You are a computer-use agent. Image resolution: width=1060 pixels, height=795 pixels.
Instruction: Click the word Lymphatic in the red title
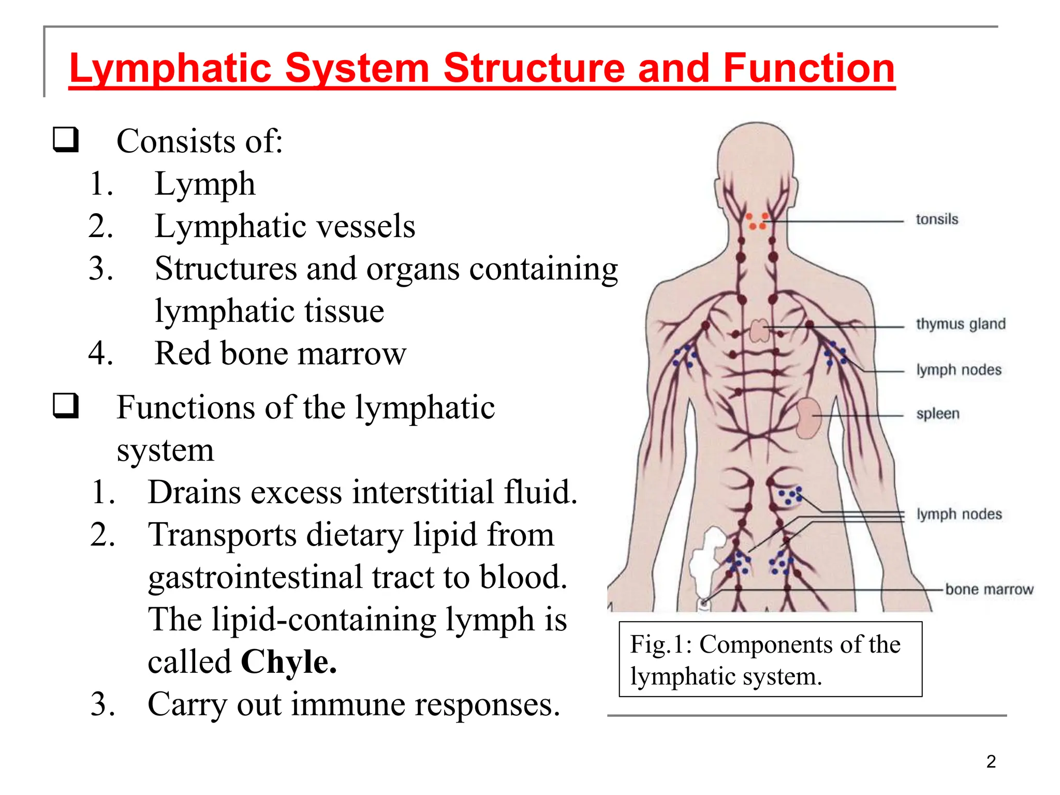coord(171,68)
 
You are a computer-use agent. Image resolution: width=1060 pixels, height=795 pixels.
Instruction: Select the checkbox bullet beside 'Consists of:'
coord(66,140)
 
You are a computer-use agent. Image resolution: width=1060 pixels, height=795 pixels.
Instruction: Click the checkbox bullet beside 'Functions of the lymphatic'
coord(66,406)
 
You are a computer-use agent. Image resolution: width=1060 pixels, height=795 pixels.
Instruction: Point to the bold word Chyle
coord(289,662)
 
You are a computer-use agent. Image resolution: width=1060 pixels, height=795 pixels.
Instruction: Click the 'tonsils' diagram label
coord(937,219)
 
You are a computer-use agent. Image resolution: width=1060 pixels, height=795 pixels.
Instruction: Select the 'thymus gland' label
coord(961,324)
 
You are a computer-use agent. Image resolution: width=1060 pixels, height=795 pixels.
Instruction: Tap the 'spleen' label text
coord(938,414)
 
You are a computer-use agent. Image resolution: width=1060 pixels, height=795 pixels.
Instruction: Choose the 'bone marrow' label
coord(989,590)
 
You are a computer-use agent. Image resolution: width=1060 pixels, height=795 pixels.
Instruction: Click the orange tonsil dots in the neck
coord(757,222)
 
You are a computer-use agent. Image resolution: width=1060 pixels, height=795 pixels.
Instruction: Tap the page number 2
coord(991,762)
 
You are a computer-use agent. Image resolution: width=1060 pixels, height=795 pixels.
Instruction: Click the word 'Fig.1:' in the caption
coord(661,645)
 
